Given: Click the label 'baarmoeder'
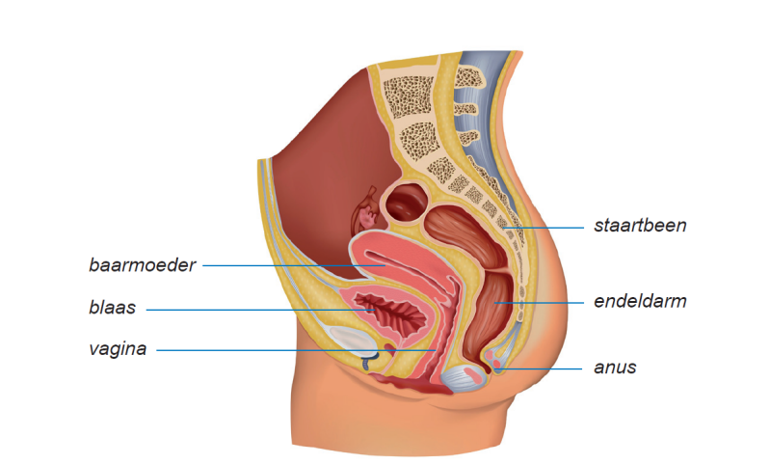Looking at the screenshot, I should [143, 264].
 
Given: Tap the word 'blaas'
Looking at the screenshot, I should [112, 309].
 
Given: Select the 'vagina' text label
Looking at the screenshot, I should [118, 349].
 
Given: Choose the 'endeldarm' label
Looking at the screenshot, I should [640, 302].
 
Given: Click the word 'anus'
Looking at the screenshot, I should [616, 368].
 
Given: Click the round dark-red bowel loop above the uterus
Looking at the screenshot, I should [409, 203].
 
